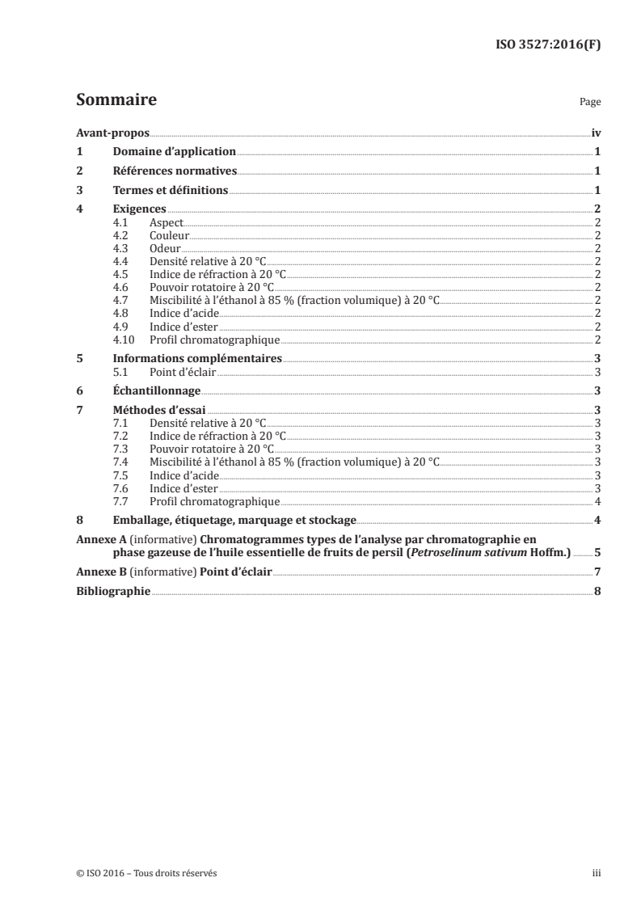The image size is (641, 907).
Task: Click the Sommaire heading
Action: click(116, 100)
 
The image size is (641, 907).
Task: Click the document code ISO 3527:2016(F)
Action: click(548, 45)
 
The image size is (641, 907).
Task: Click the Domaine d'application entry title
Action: click(174, 151)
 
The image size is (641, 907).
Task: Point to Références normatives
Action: click(175, 171)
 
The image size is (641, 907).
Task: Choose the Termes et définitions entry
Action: click(171, 190)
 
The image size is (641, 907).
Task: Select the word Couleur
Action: click(169, 235)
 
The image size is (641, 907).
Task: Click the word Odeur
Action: click(165, 248)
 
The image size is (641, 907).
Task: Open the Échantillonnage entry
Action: click(158, 390)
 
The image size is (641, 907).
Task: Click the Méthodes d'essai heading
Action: click(159, 410)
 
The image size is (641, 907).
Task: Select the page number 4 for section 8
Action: click(597, 520)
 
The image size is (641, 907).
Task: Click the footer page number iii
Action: click(597, 873)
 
